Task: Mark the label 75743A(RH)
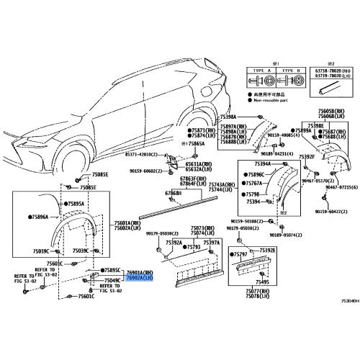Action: pyautogui.click(x=222, y=184)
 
